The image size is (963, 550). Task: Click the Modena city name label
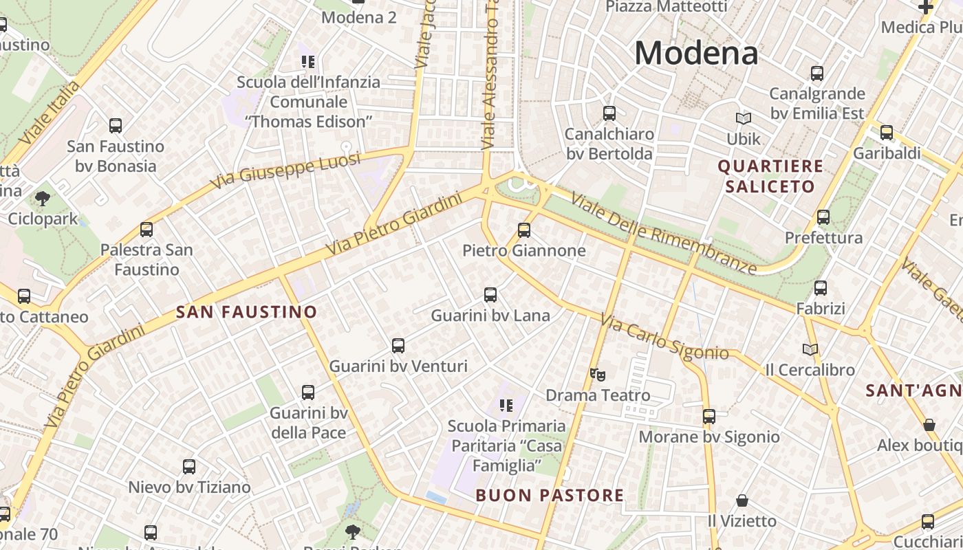(696, 53)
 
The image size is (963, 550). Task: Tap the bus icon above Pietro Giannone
(524, 230)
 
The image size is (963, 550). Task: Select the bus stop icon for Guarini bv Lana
(490, 295)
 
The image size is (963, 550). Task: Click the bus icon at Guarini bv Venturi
(398, 346)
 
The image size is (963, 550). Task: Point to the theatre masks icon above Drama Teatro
(597, 375)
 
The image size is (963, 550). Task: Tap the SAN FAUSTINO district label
(246, 312)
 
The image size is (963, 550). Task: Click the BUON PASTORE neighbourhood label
(550, 495)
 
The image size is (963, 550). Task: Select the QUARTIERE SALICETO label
(770, 176)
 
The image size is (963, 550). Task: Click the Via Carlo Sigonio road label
(664, 338)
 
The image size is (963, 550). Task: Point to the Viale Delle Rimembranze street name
(664, 234)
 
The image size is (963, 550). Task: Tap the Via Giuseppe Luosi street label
(285, 171)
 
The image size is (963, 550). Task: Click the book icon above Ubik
(744, 118)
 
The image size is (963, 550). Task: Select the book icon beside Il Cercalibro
(810, 349)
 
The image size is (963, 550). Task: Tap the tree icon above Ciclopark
(43, 199)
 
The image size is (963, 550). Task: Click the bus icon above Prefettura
(823, 217)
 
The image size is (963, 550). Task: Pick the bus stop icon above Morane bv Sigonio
(709, 417)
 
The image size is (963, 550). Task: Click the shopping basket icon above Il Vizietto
(742, 500)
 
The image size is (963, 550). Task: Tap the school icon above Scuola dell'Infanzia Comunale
(307, 62)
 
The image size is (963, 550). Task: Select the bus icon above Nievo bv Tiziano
(189, 467)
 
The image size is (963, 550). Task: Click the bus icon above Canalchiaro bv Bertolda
(609, 113)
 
